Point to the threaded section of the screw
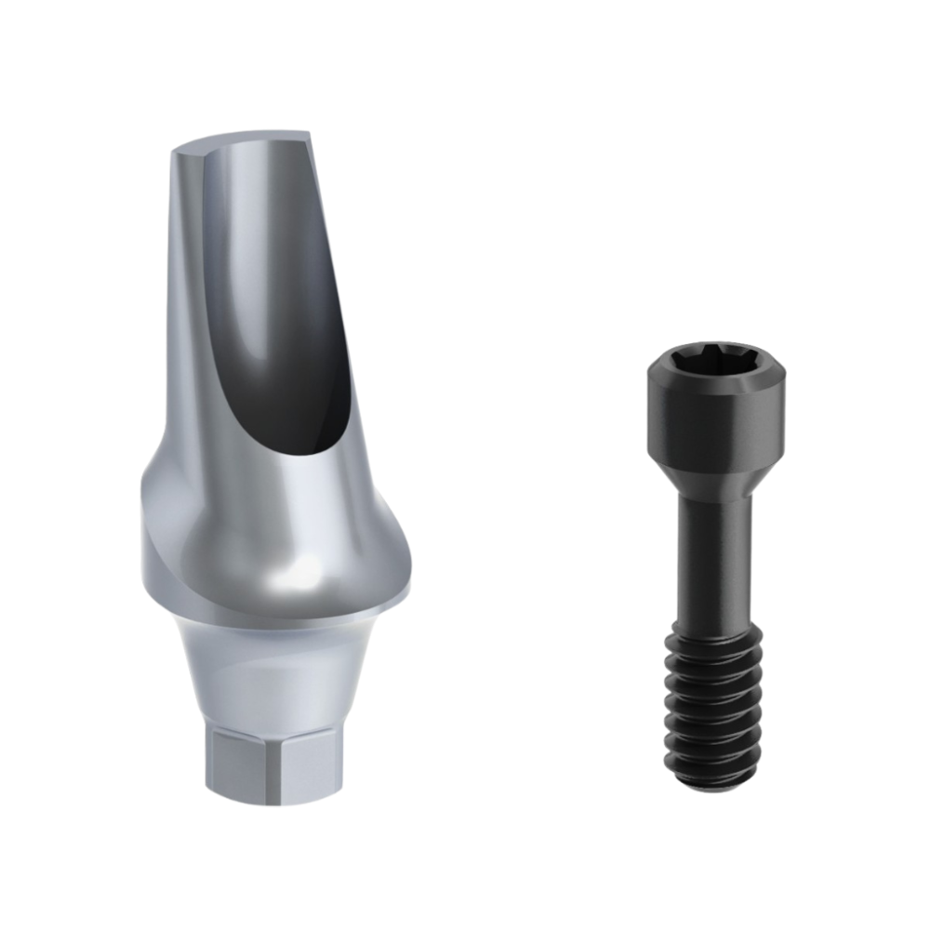[x=714, y=693]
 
